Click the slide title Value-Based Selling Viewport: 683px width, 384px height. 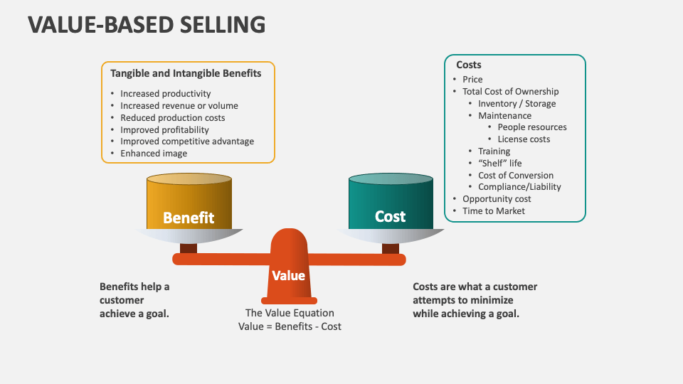(147, 24)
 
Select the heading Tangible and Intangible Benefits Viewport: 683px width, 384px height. (186, 73)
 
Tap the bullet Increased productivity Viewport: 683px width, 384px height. (165, 94)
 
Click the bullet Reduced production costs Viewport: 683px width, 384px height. (172, 118)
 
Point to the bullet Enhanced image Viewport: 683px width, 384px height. (154, 154)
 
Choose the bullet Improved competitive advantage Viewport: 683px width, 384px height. (186, 142)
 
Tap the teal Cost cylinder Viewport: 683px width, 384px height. (391, 206)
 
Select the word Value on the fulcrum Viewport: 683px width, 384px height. (288, 276)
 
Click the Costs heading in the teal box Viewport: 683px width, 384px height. (469, 65)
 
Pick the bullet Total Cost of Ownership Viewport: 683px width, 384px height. (510, 92)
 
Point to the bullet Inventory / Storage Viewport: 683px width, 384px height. (517, 104)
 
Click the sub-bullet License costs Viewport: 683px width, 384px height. (524, 139)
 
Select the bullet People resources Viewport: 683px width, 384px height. (532, 127)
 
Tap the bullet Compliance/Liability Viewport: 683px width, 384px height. (519, 187)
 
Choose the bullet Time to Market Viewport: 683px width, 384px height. (493, 211)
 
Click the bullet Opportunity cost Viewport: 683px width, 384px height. (497, 199)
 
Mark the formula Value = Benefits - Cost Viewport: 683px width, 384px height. (290, 326)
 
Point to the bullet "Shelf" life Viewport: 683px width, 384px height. (499, 164)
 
